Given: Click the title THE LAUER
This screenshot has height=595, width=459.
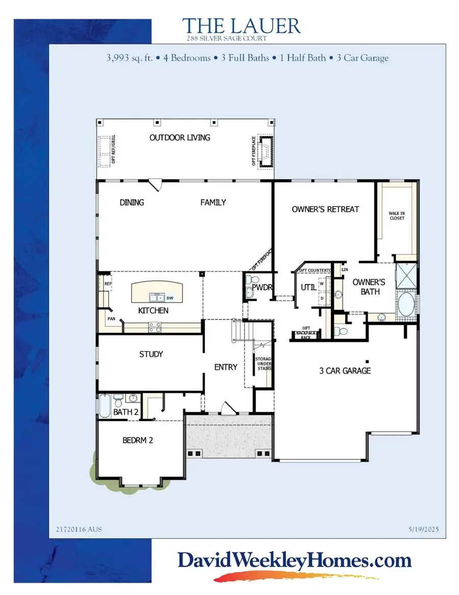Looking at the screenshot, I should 241,25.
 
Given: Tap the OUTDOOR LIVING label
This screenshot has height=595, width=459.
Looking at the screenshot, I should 180,138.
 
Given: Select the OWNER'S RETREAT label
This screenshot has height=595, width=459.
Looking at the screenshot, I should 325,209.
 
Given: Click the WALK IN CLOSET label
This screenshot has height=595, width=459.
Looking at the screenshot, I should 397,215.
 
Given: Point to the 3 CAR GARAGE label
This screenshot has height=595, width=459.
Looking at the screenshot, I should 345,371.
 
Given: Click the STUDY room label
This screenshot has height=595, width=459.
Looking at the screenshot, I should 151,354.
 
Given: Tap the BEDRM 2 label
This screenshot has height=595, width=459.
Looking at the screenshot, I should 138,440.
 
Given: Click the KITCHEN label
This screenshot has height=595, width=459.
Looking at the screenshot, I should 153,310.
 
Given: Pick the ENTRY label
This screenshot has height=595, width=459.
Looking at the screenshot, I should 226,367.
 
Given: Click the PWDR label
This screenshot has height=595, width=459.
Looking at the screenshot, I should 265,288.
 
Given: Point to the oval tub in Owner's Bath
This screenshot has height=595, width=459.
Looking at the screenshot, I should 406,304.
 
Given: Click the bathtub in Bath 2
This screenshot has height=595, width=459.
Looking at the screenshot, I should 104,407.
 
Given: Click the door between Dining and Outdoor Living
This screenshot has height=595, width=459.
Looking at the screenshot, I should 156,183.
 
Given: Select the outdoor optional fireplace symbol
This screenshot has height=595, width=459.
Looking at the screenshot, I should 265,151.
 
